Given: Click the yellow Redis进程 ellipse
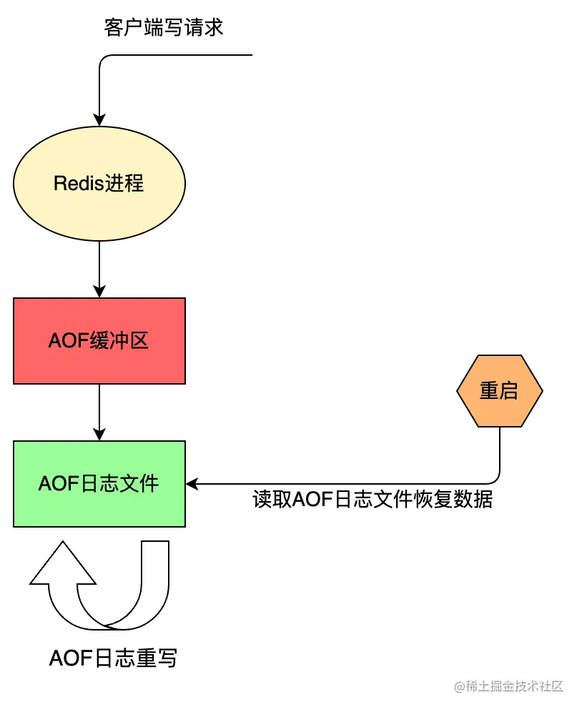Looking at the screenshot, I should (99, 184).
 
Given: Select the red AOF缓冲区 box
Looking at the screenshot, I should (99, 341).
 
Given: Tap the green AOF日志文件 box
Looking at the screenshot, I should (99, 484).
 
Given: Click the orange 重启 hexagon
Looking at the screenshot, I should (499, 391).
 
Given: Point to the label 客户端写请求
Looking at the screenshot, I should (164, 28).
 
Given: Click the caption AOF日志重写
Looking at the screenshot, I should (113, 658).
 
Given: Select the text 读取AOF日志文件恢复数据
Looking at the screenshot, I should (373, 499).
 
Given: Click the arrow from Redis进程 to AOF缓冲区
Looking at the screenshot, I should (99, 268).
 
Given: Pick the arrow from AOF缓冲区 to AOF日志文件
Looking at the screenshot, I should (99, 411).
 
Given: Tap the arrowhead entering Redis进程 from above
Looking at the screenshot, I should (99, 120).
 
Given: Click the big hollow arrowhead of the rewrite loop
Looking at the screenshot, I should (63, 565).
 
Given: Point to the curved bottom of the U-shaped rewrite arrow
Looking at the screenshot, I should (118, 623).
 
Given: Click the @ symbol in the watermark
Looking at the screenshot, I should (460, 687).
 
